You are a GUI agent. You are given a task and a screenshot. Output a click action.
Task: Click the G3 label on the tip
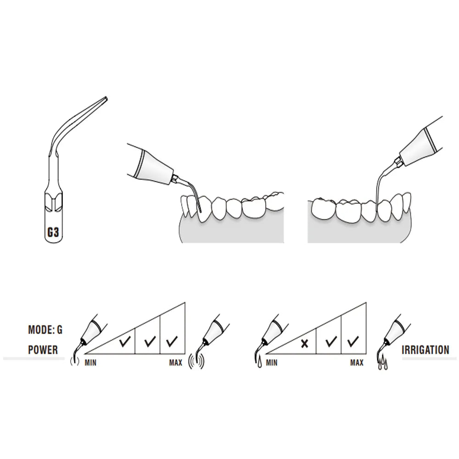53,232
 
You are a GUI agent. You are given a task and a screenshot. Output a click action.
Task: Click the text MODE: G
45,330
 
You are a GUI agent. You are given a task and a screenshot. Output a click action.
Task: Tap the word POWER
43,350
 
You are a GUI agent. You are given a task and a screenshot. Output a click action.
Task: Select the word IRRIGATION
425,350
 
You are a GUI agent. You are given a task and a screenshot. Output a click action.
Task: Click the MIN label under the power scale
90,363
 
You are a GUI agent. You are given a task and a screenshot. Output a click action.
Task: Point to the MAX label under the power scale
176,363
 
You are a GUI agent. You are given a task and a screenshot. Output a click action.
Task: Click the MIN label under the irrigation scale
271,363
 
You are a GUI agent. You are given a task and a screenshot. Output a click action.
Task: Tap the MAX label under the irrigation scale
357,363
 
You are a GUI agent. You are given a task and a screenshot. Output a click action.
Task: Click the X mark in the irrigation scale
304,343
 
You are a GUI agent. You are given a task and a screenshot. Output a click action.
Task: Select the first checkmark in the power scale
125,341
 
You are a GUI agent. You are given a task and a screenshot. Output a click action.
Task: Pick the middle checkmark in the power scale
150,341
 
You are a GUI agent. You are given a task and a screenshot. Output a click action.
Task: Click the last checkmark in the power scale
172,341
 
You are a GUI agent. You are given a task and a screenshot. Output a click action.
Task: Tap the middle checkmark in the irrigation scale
331,341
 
